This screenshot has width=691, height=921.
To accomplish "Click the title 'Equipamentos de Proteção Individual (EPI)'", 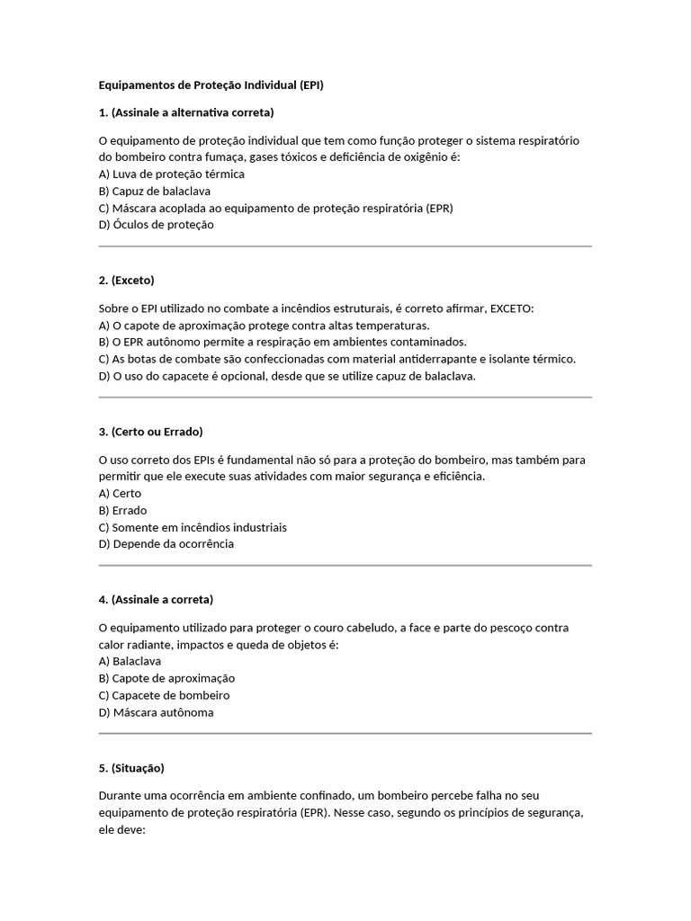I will click(x=211, y=85).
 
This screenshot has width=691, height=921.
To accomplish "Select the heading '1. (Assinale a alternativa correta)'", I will click(x=186, y=112).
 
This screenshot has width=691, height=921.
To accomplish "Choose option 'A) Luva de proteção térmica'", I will click(x=171, y=174).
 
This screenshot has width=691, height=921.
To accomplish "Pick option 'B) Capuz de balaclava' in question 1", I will click(x=155, y=191).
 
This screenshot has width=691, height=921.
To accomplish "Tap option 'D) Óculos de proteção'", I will click(x=157, y=225).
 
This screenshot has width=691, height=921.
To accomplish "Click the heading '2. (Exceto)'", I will click(x=127, y=280).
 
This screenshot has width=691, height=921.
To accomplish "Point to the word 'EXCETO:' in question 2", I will click(x=511, y=308).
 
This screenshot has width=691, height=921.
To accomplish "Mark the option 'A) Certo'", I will click(x=121, y=493).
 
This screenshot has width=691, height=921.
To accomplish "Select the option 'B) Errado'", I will click(x=123, y=510).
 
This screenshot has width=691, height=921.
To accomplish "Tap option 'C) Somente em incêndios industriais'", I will click(x=193, y=527).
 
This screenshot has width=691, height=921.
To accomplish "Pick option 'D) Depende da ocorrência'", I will click(x=166, y=544).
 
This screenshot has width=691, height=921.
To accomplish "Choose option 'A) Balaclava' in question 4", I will click(x=130, y=661).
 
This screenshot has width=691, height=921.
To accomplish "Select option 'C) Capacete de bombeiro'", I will click(x=165, y=695).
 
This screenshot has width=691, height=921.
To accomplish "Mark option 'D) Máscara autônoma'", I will click(x=157, y=712).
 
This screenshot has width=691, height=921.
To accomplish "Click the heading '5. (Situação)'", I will click(x=131, y=768).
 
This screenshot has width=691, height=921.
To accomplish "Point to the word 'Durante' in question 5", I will click(x=121, y=796).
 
